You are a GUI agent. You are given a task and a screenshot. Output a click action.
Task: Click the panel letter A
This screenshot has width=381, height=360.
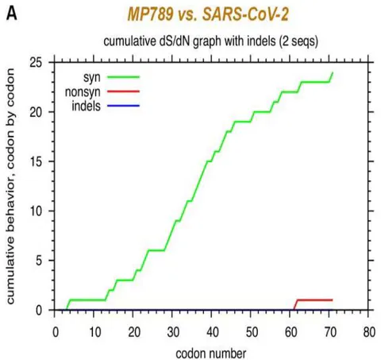11,14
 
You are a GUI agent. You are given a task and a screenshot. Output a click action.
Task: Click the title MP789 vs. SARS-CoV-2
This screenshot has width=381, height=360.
208,14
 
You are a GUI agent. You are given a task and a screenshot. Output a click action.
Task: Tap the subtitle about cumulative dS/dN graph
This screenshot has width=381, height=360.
211,41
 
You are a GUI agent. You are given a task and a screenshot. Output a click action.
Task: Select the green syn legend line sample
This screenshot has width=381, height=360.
123,77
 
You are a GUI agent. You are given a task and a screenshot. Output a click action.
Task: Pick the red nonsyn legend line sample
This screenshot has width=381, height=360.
123,91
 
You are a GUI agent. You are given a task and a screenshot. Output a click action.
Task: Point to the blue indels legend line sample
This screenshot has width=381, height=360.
123,106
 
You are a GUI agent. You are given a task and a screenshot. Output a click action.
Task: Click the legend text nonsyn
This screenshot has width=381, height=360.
83,92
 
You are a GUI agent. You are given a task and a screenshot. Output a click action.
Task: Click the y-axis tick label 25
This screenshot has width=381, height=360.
36,63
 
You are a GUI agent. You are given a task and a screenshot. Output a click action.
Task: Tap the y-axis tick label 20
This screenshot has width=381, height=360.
36,112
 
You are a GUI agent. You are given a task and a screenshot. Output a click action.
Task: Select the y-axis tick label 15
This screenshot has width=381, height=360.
36,161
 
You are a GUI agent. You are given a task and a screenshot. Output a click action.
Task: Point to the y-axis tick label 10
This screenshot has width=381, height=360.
36,211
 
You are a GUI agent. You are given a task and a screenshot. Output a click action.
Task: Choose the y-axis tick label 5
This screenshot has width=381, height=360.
39,261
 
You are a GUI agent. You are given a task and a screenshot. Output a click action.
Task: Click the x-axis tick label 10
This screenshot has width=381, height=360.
94,332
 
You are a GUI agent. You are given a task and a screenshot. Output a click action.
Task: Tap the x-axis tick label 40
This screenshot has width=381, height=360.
212,332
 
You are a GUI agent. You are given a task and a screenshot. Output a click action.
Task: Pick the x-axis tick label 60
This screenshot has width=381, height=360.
291,332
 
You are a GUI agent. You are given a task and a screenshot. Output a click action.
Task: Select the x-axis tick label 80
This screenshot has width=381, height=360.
368,332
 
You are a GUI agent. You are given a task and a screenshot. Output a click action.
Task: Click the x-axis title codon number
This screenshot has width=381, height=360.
211,354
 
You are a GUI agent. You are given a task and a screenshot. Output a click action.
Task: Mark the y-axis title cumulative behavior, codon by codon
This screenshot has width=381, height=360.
10,186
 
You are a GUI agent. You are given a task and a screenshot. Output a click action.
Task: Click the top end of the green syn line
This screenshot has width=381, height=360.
333,72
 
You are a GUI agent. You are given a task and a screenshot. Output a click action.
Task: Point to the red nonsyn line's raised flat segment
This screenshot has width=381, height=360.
315,300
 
